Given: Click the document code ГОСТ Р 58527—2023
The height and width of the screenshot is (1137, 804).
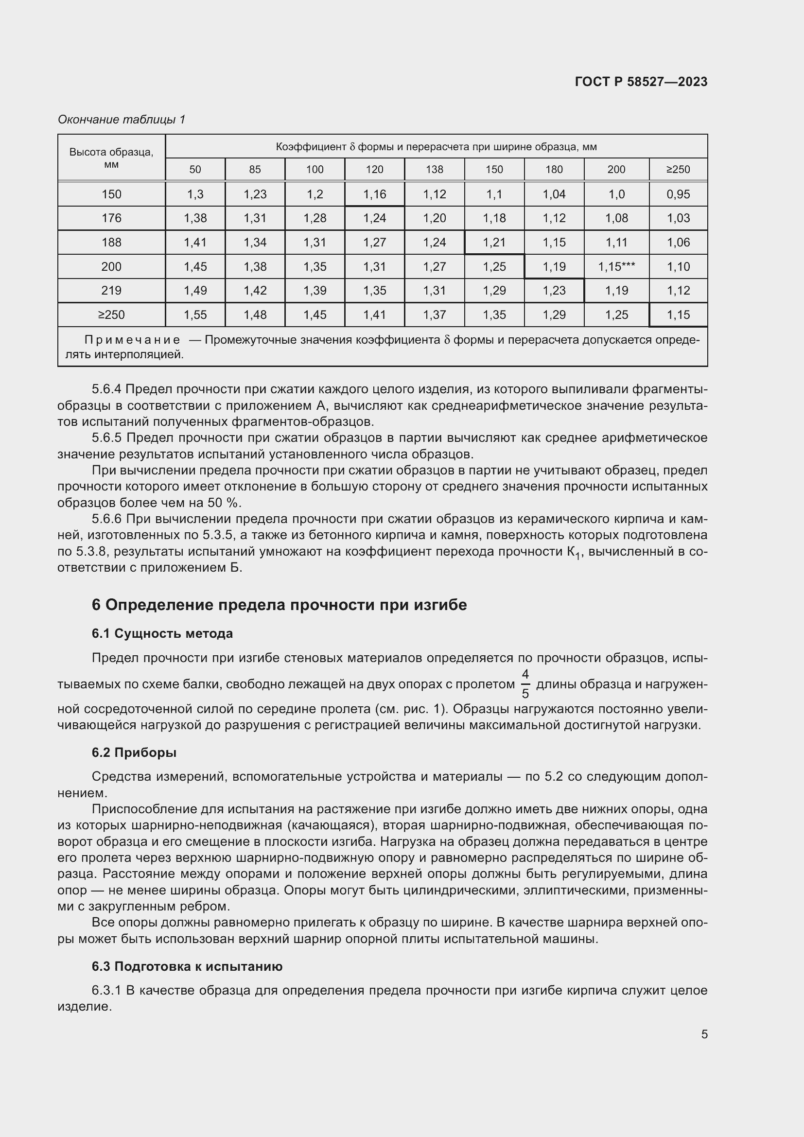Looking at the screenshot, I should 641,82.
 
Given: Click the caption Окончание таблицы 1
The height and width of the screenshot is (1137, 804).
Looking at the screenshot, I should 122,120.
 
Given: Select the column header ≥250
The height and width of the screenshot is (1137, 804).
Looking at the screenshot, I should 678,169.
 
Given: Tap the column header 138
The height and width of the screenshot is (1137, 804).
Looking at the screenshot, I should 434,169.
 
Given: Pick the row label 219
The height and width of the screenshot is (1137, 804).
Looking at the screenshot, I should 111,290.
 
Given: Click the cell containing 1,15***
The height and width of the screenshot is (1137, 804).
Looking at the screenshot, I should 616,266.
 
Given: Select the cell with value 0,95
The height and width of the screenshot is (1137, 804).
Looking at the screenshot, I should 678,194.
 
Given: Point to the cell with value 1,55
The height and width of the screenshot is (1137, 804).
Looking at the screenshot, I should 195,315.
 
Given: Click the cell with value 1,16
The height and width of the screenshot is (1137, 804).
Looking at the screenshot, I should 374,194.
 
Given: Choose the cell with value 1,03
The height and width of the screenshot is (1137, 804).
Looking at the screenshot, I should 678,218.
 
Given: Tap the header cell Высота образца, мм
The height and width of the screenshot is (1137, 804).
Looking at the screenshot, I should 111,158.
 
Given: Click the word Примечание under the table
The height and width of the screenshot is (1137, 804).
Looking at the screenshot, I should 132,340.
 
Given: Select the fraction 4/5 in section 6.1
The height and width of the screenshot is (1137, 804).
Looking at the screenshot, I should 525,684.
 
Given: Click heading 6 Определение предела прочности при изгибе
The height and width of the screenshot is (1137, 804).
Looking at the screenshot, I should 279,605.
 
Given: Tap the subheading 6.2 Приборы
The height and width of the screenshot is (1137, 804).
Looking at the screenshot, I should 134,752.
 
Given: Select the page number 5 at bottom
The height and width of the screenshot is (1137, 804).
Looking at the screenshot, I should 704,1034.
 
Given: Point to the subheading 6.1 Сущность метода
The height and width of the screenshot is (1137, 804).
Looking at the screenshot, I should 162,633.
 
